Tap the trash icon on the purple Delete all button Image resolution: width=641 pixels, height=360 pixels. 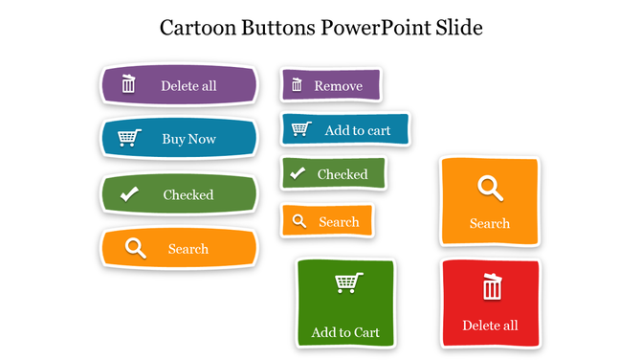point(129,84)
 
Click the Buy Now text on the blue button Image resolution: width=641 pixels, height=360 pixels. point(188,139)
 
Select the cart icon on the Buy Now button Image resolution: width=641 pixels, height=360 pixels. point(129,138)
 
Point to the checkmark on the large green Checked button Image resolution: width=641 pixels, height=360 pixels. point(129,194)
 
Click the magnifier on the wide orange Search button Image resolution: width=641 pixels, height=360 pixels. point(135,248)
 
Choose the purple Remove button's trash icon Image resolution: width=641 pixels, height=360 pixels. point(297,85)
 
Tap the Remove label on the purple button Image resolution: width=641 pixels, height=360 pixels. point(339,86)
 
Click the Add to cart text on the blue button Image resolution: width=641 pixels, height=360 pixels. point(358,130)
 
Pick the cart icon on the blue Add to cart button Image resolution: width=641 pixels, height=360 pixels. point(300,128)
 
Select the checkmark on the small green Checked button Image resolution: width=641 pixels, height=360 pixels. point(298,173)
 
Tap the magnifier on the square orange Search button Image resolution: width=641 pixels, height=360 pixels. point(490,188)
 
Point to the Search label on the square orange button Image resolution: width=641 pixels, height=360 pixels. point(490,223)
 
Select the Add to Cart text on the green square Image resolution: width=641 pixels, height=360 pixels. point(345,332)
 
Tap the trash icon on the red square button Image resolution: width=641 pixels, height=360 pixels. point(492,286)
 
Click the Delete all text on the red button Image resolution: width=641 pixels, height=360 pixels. point(490,326)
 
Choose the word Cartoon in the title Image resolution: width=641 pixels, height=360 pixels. point(197,27)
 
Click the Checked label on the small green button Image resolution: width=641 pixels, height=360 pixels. point(343,174)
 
